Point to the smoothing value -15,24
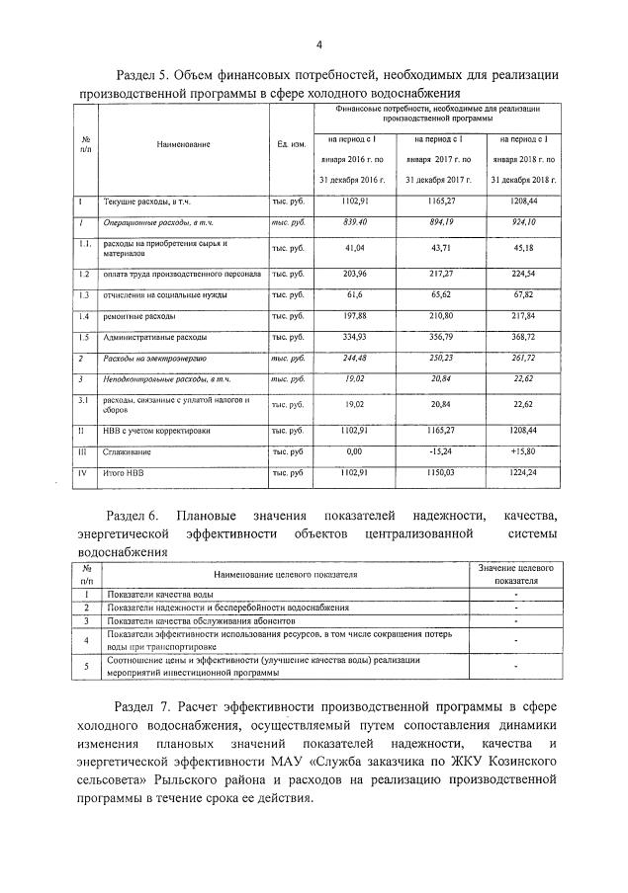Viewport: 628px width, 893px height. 435,452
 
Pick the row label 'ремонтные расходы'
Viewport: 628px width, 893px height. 139,316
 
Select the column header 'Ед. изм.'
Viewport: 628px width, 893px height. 290,144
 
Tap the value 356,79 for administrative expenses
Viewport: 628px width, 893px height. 435,338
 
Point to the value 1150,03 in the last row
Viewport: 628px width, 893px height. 435,473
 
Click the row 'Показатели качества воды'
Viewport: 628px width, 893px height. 160,595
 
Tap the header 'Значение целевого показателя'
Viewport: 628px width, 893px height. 515,574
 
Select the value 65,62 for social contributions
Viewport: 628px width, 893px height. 435,294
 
